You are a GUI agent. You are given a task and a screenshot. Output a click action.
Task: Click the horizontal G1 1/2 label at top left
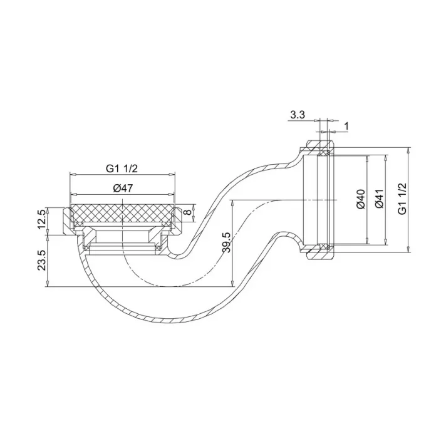click(122, 168)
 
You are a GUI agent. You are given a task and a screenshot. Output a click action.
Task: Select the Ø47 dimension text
click(123, 188)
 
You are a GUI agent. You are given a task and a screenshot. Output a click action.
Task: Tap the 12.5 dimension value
click(42, 220)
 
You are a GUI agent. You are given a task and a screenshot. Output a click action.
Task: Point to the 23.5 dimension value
click(42, 260)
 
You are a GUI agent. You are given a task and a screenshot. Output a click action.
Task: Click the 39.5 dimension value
click(227, 242)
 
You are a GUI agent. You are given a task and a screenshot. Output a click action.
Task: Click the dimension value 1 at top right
click(346, 127)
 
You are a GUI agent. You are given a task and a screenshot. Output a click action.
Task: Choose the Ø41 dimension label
click(378, 199)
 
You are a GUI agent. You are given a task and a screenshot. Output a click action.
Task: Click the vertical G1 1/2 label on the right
click(403, 199)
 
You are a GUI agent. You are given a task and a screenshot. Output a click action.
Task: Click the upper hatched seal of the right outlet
click(325, 152)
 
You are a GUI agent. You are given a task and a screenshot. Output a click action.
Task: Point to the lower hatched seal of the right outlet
click(325, 247)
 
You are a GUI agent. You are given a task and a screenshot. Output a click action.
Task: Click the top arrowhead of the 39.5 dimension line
click(232, 202)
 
